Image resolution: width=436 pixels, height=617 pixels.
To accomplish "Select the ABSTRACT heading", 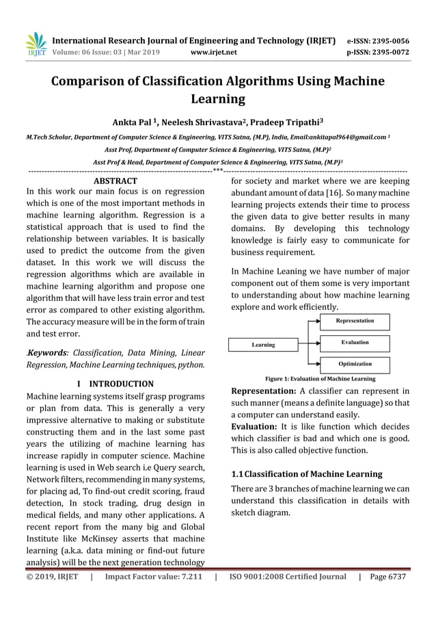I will (x=115, y=181).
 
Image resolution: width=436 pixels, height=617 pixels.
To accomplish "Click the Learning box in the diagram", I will (x=263, y=345).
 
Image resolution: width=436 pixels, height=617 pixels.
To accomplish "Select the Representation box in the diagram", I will (x=355, y=321).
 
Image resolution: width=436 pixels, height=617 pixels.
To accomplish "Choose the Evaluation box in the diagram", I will (x=355, y=342).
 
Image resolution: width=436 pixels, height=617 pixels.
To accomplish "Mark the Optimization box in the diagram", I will (x=355, y=364).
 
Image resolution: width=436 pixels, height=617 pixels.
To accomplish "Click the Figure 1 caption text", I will (x=319, y=378).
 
